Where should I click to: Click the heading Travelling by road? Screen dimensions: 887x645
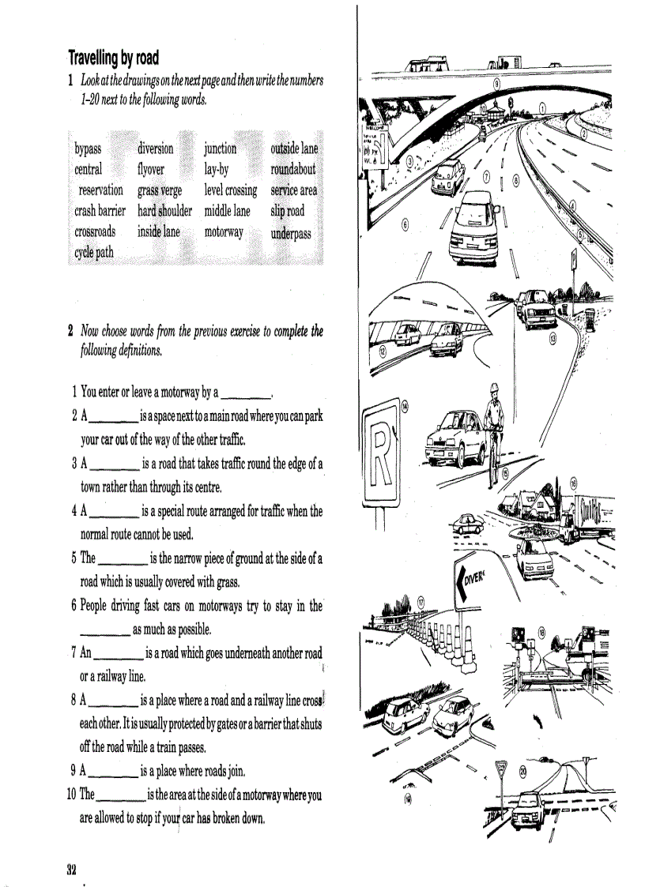[x=113, y=58]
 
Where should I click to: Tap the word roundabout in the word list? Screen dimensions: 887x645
[x=292, y=169]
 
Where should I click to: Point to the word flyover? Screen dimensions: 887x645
[x=150, y=169]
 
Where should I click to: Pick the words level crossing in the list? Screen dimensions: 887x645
[x=230, y=190]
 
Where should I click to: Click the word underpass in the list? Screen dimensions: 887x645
[x=290, y=234]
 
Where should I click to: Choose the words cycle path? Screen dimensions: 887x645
[x=93, y=253]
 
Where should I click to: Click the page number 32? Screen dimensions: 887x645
[x=71, y=869]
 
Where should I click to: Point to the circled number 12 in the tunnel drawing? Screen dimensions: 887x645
[x=383, y=350]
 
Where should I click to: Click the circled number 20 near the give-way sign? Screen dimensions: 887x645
[x=523, y=772]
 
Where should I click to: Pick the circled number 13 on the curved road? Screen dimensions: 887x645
[x=553, y=337]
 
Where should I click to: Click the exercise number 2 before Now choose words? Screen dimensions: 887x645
[x=70, y=331]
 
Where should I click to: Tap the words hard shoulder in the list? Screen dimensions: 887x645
[x=164, y=211]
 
